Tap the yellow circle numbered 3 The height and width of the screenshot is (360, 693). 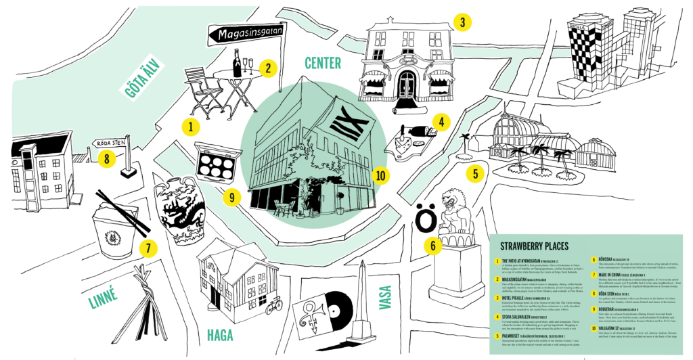[x=462, y=22]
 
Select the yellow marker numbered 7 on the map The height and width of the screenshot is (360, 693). [x=146, y=248]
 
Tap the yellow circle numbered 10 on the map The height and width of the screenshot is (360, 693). [x=380, y=176]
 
